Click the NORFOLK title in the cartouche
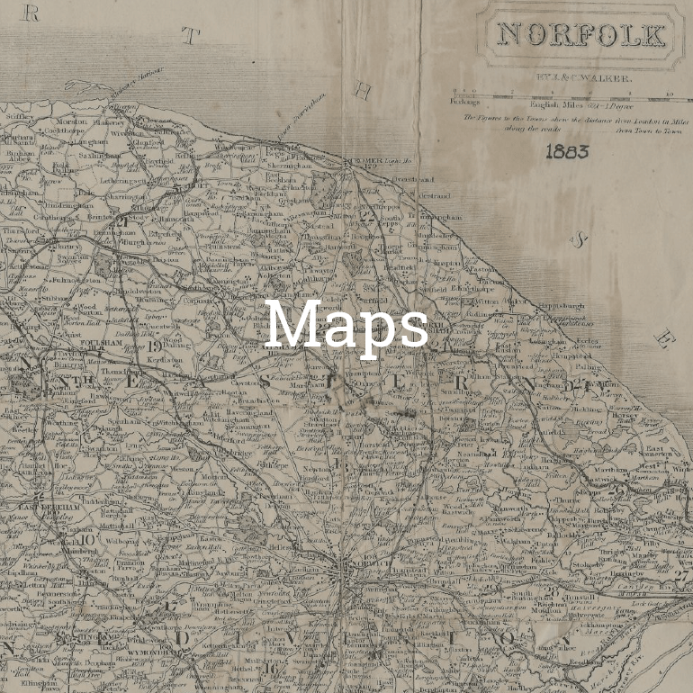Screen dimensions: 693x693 click(x=580, y=35)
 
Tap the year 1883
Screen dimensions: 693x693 click(x=567, y=150)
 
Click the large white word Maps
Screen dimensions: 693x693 click(x=346, y=324)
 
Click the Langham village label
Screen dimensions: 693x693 click(x=89, y=141)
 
